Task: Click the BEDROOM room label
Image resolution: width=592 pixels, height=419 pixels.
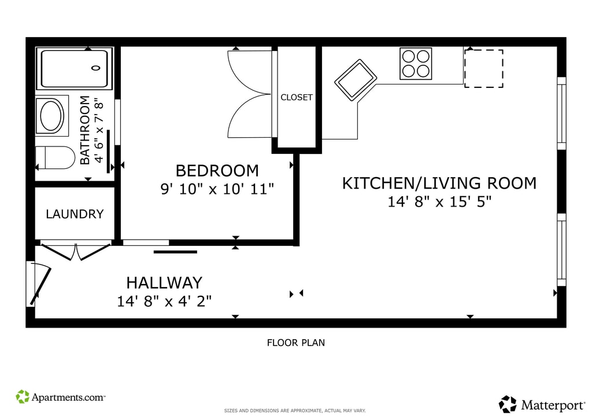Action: point(217,171)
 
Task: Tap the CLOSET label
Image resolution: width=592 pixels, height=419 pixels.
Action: point(297,97)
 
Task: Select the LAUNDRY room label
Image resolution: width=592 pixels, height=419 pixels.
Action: point(75,214)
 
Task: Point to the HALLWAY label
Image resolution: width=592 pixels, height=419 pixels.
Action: point(164,282)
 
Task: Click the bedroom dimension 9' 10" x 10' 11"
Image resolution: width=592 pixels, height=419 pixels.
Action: point(217,189)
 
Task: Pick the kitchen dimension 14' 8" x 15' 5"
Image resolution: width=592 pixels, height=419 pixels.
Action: point(439,202)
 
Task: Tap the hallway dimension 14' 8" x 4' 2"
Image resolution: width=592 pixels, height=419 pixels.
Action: point(164,301)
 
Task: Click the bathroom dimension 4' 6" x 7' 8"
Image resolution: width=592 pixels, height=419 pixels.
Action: point(98,130)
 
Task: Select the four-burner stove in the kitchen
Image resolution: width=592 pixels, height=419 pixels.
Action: point(416,64)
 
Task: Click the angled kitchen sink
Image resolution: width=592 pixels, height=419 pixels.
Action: point(356,80)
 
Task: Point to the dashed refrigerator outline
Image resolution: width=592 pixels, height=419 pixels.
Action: point(484,68)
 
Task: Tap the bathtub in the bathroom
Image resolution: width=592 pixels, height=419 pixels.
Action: point(75,68)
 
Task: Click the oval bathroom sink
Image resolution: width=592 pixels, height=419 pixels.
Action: point(52,116)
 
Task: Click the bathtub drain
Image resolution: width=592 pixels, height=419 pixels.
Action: point(97,68)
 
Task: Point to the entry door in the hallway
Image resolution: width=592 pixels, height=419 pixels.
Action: point(40,284)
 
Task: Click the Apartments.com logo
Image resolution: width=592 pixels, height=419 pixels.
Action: point(60,397)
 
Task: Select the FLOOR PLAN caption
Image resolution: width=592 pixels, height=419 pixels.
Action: point(296,343)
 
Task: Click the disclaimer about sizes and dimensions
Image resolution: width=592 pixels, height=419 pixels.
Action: point(295,411)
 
